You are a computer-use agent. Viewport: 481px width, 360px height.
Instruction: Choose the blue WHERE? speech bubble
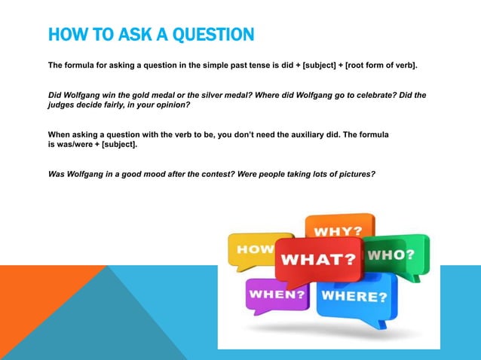(x=355, y=296)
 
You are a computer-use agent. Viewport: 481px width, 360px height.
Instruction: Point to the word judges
(x=63, y=106)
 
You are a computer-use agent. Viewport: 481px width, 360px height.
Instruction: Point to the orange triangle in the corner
(x=30, y=316)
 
